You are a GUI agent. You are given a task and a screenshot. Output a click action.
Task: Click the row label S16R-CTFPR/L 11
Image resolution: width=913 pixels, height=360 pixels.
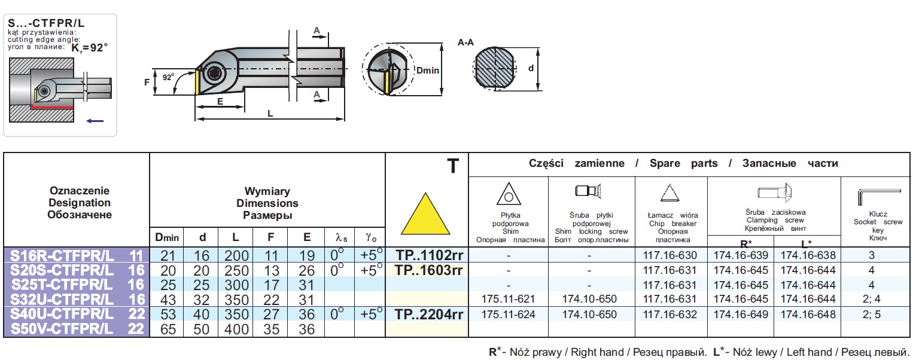pyautogui.click(x=77, y=255)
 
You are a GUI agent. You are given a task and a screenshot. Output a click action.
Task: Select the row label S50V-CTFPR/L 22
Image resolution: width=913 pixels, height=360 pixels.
pyautogui.click(x=77, y=328)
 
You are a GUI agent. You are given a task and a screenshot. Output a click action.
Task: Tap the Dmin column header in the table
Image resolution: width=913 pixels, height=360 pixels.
pyautogui.click(x=167, y=237)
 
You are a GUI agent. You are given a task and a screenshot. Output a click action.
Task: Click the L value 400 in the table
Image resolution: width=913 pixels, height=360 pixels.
pyautogui.click(x=236, y=328)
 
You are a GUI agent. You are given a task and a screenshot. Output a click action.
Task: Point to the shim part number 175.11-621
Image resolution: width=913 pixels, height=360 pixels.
pyautogui.click(x=509, y=299)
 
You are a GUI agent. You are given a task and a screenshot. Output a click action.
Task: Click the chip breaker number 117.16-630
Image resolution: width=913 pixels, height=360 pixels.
pyautogui.click(x=669, y=255)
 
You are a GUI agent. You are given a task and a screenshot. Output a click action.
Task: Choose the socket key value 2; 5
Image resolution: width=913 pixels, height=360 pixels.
pyautogui.click(x=872, y=314)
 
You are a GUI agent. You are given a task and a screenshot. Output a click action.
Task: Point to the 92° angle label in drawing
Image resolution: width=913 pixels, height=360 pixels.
pyautogui.click(x=169, y=77)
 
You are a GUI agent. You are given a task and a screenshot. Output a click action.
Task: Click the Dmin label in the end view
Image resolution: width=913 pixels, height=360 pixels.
pyautogui.click(x=428, y=71)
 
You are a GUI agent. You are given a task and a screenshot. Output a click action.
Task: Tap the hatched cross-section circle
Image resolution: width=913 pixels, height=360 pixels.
pyautogui.click(x=494, y=69)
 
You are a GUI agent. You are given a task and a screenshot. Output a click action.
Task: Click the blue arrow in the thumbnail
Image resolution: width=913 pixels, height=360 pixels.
pyautogui.click(x=95, y=121)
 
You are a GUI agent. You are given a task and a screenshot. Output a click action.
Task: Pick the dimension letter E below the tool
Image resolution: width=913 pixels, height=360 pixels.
pyautogui.click(x=220, y=102)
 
